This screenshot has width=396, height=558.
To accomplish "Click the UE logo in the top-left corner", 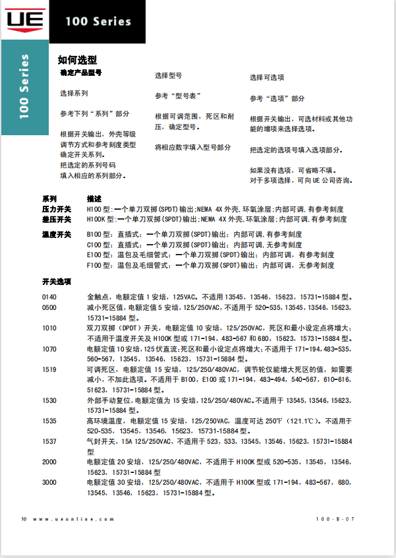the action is coord(24,20).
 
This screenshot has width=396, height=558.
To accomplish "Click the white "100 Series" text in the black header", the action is coord(98,21).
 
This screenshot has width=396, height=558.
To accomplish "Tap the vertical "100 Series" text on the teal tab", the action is coord(24,86).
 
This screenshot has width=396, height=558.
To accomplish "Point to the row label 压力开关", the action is coord(57,208).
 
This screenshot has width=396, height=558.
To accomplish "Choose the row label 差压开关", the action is coord(57,219).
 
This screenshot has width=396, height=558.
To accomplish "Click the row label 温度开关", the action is coord(57,234).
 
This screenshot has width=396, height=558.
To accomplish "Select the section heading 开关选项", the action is coord(57,281).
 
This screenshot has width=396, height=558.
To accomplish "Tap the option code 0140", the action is coord(49,297).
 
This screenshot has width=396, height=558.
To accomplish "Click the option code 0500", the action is coord(49,307).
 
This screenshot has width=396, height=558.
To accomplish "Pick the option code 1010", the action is coord(49,328).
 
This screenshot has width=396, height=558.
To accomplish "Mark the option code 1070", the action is coord(49,348).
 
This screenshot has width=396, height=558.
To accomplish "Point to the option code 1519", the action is coord(49,369).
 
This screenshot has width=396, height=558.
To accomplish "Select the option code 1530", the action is coord(49,400).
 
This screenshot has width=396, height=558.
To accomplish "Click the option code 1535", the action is coord(49,421).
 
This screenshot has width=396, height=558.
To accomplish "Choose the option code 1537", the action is coord(49,441).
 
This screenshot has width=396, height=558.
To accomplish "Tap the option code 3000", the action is coord(49,483).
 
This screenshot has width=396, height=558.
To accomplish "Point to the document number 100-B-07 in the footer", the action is coord(335,519).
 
